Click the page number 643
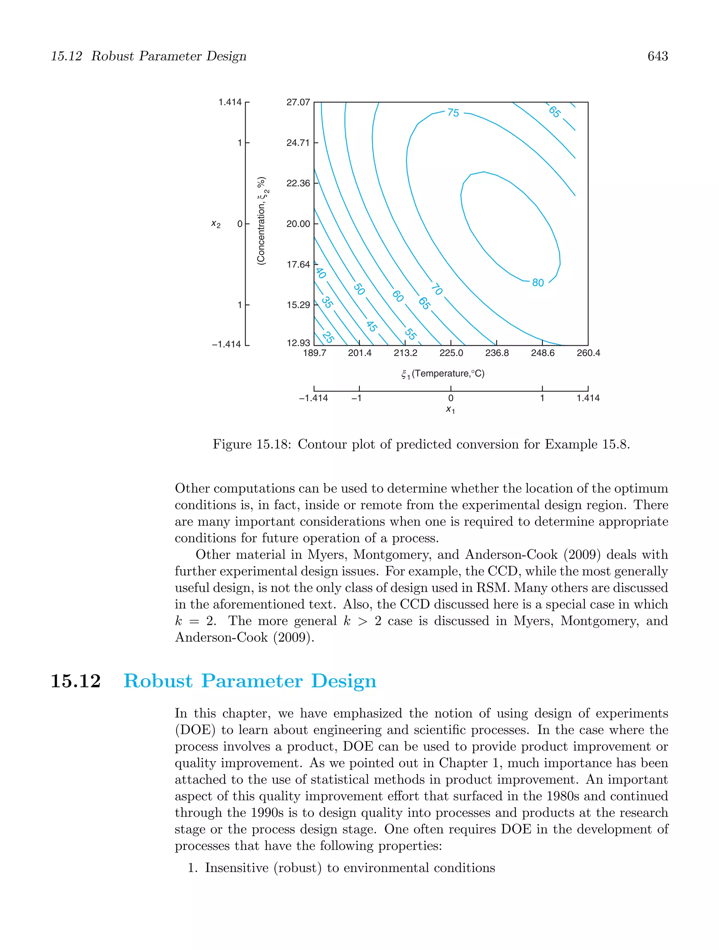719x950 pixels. point(657,56)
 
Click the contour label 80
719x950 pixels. point(538,283)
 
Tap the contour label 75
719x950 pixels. point(453,113)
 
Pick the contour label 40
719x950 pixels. point(321,273)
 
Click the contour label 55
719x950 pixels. point(411,334)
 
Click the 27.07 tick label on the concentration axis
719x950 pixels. point(298,102)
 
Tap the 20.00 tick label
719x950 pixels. point(298,224)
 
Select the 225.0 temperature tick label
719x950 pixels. point(451,353)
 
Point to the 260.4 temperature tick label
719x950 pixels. point(588,353)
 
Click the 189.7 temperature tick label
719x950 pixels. point(315,353)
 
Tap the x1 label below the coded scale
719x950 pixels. point(450,410)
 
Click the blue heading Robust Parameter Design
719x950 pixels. point(250,681)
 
